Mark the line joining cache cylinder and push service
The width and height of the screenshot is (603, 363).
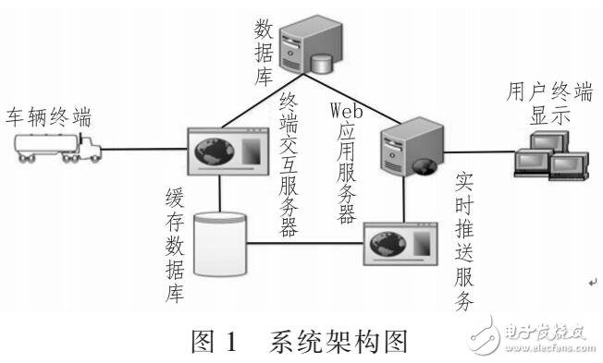pyautogui.click(x=305, y=244)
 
